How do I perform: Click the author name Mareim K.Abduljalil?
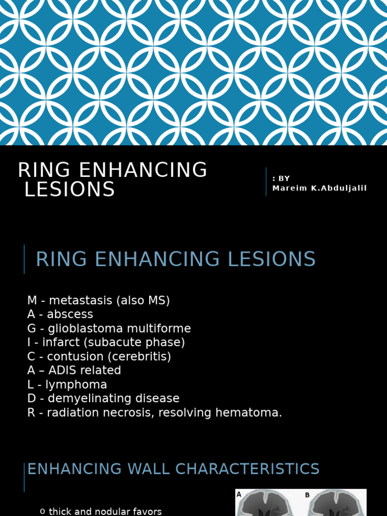pos(319,188)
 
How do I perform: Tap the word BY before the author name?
pos(284,178)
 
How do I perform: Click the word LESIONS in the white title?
pos(70,189)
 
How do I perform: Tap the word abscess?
pos(70,314)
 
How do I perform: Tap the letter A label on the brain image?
pos(240,495)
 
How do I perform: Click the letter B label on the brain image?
pos(307,495)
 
